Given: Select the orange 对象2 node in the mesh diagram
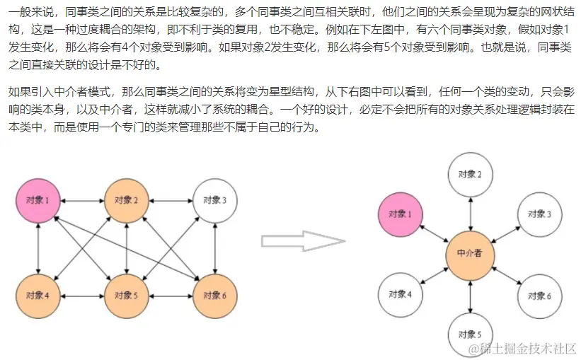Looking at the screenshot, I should [126, 201].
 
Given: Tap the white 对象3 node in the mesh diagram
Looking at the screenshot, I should [214, 201].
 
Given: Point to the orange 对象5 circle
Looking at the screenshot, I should [126, 295].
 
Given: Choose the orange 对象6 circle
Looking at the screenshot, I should [214, 295].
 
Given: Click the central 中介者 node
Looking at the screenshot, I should [470, 254].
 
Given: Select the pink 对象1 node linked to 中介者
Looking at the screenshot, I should [401, 214].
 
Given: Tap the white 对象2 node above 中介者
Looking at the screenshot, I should [470, 174].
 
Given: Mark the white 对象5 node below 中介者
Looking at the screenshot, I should [470, 334].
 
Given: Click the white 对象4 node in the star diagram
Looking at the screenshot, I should [401, 294].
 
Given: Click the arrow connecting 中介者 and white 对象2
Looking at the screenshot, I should [470, 214].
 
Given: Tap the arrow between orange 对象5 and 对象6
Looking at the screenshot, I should [170, 295].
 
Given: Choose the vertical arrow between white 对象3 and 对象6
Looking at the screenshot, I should [214, 248].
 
